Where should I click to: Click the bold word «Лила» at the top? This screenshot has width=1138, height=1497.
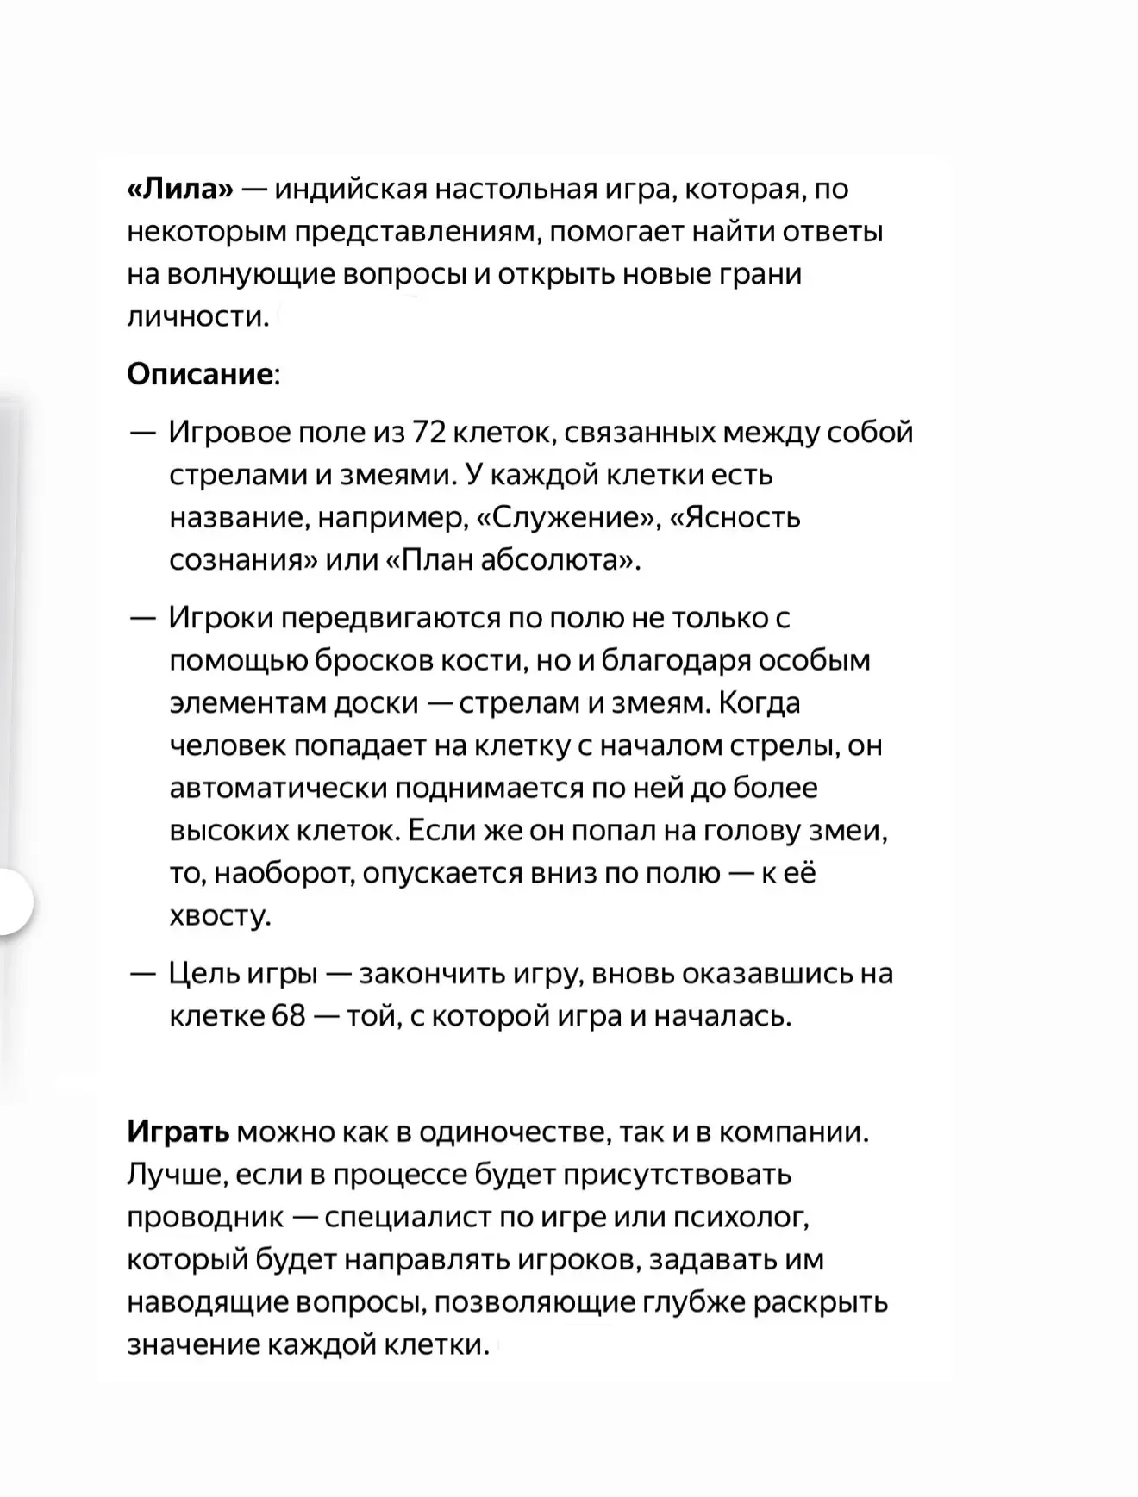pyautogui.click(x=180, y=189)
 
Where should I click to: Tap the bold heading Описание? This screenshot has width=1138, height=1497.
pyautogui.click(x=199, y=374)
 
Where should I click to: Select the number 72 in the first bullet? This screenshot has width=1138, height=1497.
pyautogui.click(x=428, y=432)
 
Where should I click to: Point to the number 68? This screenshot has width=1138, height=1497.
pyautogui.click(x=289, y=1016)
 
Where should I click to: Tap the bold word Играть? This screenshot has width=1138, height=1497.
pyautogui.click(x=178, y=1132)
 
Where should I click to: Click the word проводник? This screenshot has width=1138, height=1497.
pyautogui.click(x=204, y=1217)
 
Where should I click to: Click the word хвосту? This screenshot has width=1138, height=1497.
pyautogui.click(x=220, y=915)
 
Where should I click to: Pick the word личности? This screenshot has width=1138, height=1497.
pyautogui.click(x=197, y=317)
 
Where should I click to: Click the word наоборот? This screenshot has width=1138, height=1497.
pyautogui.click(x=284, y=873)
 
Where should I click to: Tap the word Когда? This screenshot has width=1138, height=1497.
pyautogui.click(x=759, y=702)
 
